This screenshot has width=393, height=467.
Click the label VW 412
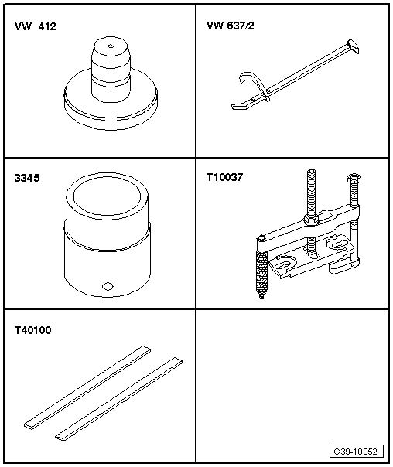[35, 26]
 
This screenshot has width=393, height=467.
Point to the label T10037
[225, 177]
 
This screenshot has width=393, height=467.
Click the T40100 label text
[33, 329]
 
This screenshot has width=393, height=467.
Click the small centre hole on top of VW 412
[110, 48]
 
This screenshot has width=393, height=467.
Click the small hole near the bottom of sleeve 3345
[108, 286]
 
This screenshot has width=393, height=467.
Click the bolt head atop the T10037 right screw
[354, 179]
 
